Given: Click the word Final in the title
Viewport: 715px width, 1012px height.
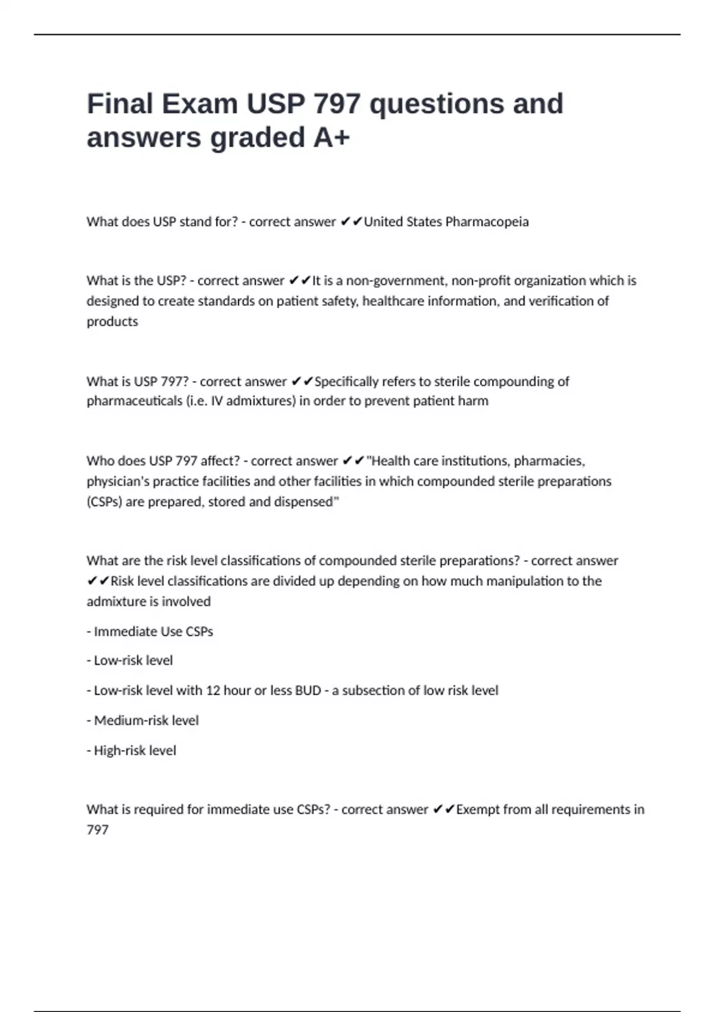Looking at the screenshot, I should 120,104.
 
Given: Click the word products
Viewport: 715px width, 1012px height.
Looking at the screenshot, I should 112,321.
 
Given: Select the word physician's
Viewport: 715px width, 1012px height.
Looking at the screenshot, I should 117,481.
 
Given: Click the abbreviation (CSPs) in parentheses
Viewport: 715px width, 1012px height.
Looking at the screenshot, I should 104,502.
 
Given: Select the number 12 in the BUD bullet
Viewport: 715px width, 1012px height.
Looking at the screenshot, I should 213,691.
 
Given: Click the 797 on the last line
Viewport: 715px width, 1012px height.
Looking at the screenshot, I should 98,830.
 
